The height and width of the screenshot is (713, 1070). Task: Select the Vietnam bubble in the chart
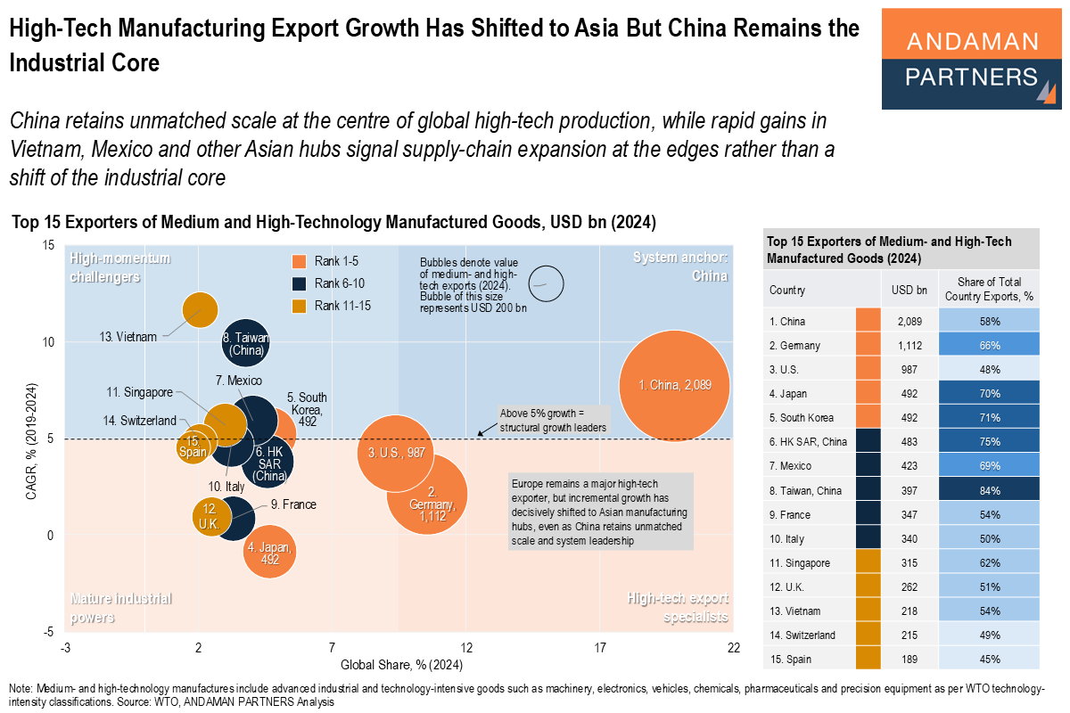[200, 309]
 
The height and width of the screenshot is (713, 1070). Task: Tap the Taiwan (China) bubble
[246, 344]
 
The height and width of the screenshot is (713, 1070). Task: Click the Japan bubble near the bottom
[270, 553]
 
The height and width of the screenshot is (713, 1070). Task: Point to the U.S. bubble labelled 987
[395, 453]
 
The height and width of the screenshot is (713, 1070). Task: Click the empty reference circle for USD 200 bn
[547, 283]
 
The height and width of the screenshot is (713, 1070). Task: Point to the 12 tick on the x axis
[465, 648]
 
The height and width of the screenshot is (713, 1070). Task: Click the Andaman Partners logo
[971, 59]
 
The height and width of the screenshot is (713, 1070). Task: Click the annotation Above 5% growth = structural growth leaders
[552, 420]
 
